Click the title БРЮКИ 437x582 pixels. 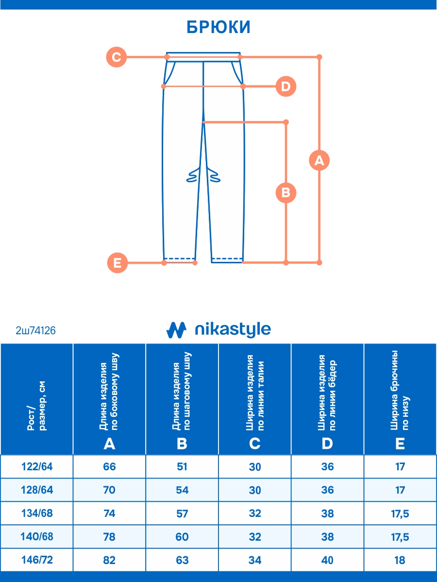(x=218, y=28)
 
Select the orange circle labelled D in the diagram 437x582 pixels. (x=286, y=87)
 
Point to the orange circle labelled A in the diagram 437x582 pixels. (x=319, y=160)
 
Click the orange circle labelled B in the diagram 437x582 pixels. (x=286, y=193)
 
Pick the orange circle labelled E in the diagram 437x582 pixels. (x=117, y=263)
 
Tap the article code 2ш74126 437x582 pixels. (x=36, y=331)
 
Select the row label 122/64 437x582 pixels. (x=37, y=467)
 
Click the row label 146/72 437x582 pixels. (x=37, y=560)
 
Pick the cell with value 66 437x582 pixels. (x=109, y=467)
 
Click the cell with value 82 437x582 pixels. (x=109, y=560)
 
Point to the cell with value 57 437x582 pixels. (x=182, y=514)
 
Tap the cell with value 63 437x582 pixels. (x=182, y=560)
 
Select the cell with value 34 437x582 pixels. (x=255, y=560)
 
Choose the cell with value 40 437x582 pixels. (x=328, y=560)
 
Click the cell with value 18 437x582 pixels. (x=400, y=560)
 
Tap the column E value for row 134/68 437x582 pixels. (x=400, y=514)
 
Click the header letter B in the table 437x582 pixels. (x=182, y=443)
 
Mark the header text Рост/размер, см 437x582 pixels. (x=36, y=406)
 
